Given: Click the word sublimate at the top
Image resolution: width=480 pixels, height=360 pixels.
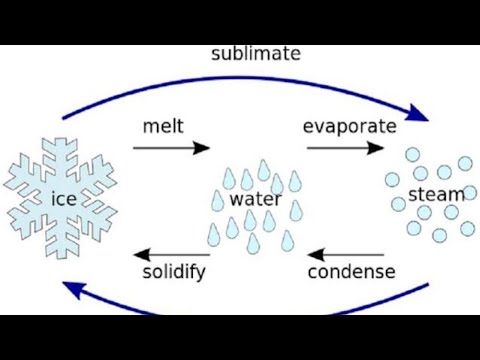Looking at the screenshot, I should click(256, 53).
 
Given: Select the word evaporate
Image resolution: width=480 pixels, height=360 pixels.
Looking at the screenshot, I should click(349, 127).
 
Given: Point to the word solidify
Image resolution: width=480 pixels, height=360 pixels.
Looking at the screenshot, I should click(174, 272).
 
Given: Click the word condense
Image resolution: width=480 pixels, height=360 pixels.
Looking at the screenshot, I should click(351, 272).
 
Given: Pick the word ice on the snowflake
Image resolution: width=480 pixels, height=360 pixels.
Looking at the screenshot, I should click(63, 198).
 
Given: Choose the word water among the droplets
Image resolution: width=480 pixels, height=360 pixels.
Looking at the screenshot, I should click(256, 198).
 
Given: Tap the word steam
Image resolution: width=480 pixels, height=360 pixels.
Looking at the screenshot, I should click(438, 193).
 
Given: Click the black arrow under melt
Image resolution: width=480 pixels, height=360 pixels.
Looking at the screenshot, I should click(172, 148).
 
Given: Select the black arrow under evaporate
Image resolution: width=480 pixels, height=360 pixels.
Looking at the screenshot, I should click(345, 148).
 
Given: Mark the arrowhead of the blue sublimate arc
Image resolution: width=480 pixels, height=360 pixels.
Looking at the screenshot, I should click(420, 113).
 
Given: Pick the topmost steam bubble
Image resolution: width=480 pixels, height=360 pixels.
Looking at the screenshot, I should click(412, 154).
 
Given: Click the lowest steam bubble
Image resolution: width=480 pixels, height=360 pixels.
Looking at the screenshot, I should click(439, 235).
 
